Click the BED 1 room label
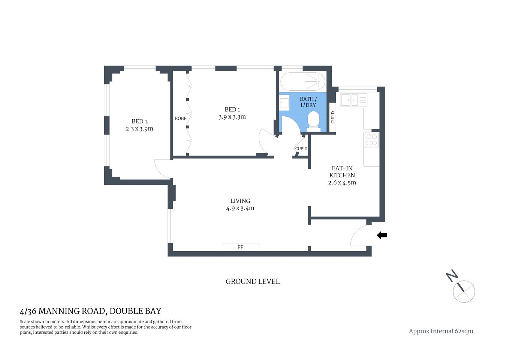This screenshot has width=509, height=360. (x=232, y=109)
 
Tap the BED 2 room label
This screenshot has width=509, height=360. (x=139, y=121)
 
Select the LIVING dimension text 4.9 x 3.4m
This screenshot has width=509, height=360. (x=240, y=208)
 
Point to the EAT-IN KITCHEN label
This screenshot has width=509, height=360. (x=342, y=172)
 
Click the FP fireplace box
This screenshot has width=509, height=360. (x=240, y=247)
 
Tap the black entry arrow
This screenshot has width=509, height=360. (x=382, y=235)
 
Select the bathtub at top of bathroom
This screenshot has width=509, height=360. (x=303, y=81)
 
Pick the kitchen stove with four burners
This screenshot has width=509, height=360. (x=371, y=140)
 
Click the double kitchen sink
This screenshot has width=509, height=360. (x=353, y=100)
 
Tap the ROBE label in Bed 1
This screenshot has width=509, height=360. (x=180, y=118)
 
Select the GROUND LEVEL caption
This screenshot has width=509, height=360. (x=252, y=282)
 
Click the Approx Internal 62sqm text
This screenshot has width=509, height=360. (x=441, y=331)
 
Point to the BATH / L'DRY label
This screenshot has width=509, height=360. (x=308, y=102)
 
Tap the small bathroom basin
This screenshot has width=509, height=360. (x=284, y=102)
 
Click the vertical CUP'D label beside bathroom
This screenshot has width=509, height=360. (x=332, y=117)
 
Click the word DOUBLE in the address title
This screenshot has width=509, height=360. (x=126, y=311)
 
